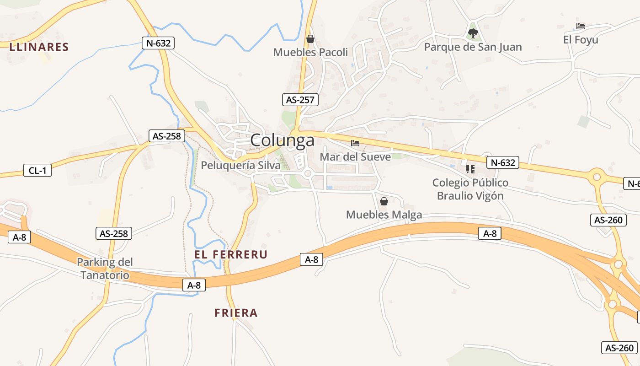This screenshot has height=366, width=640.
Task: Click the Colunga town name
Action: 283,140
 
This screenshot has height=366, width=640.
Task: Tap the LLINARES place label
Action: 39,47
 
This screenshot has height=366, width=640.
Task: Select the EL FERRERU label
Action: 231,254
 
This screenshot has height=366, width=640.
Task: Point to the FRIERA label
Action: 236,313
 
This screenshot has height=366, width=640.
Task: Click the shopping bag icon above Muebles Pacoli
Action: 310,39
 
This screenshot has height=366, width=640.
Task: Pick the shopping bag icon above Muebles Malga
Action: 384,201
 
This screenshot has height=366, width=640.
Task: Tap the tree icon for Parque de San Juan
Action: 473,33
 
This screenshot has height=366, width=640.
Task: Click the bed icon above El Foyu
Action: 581,26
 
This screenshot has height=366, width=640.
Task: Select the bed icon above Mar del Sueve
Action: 355,143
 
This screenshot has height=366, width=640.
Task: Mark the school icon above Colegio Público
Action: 470,169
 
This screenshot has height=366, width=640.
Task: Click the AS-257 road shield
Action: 300,100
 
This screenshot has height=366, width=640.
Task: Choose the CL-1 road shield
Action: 37,171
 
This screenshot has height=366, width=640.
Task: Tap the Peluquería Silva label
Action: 241,165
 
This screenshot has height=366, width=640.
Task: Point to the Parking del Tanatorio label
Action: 105,269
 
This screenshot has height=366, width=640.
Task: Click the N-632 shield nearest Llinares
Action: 158,43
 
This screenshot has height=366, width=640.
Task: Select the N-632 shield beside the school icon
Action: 502,162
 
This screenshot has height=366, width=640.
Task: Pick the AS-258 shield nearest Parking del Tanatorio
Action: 114,233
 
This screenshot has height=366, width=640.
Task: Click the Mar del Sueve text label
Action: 355,156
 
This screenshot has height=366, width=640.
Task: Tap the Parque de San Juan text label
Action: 473,47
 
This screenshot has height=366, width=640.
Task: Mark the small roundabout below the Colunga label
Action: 308,173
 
